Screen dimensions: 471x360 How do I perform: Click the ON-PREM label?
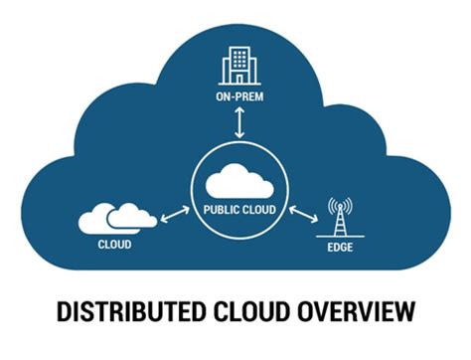[x=239, y=96]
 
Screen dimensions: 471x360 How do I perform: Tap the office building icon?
[x=239, y=66]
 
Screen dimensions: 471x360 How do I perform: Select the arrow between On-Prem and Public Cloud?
[x=239, y=122]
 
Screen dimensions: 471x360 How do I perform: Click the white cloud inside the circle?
[x=239, y=181]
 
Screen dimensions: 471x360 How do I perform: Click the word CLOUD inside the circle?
[x=259, y=210]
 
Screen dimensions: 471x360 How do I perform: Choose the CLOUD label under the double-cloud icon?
[x=114, y=245]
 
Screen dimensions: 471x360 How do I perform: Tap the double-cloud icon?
[x=117, y=219]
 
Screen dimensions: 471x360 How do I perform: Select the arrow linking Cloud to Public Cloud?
[x=175, y=215]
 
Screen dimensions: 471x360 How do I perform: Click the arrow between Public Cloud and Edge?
[x=303, y=215]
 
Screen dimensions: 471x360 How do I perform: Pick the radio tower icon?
[x=340, y=218]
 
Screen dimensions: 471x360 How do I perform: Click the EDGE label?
[x=340, y=248]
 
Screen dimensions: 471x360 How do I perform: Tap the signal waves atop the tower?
[x=340, y=206]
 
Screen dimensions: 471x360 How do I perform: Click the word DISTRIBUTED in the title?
[x=130, y=311]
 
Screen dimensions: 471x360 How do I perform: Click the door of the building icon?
[x=239, y=79]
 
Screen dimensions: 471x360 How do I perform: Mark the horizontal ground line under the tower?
[x=340, y=237]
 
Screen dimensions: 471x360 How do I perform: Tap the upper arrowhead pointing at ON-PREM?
[x=239, y=110]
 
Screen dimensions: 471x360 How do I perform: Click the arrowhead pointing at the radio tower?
[x=314, y=220]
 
